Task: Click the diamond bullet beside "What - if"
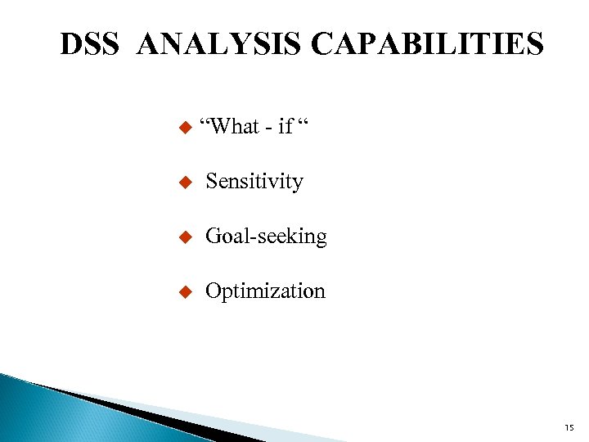184,127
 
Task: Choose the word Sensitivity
254,182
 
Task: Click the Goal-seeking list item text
266,237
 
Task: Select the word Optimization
265,291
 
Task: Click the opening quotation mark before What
205,122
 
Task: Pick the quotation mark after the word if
303,122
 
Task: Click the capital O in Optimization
213,291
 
